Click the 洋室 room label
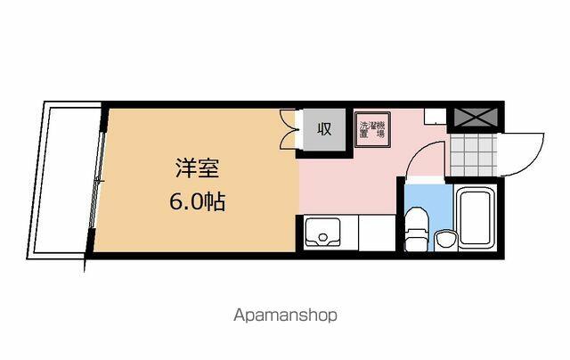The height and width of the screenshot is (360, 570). coord(198,168)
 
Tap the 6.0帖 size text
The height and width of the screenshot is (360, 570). coord(198,201)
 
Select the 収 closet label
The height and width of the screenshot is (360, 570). coord(324,128)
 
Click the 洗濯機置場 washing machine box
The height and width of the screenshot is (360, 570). coord(372,129)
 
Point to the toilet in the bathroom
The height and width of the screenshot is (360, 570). coord(417,229)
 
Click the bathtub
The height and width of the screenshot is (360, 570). coord(476,217)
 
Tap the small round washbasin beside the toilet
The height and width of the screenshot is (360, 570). coord(445,240)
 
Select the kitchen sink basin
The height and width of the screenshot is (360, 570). coord(322,232)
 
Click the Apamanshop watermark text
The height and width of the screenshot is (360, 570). coord(285,315)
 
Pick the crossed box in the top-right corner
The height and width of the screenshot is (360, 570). coord(476,117)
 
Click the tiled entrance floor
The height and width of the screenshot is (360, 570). coord(473,155)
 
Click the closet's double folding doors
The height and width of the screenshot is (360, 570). coord(289,129)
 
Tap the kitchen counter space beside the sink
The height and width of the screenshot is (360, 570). coord(377,233)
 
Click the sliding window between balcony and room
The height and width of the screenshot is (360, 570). coord(97,180)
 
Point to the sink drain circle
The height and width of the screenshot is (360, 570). coord(322,238)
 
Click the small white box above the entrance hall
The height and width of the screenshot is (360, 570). coord(436,116)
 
